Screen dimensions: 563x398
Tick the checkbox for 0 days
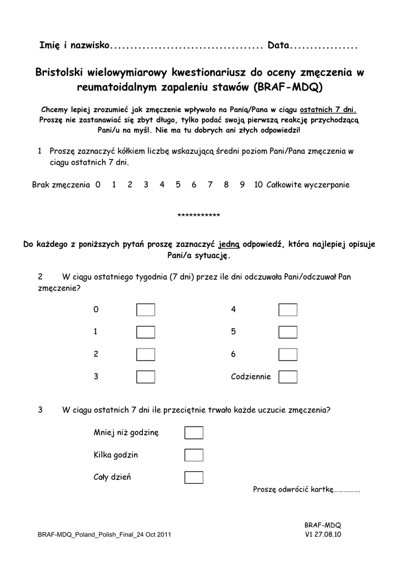click(x=146, y=310)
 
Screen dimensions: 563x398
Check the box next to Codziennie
click(x=288, y=377)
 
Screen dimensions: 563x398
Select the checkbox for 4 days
click(x=288, y=310)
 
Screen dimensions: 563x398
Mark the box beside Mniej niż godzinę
click(x=194, y=433)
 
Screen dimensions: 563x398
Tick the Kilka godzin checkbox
click(x=194, y=455)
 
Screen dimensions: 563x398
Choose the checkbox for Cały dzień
click(x=194, y=477)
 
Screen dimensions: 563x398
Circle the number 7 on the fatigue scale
click(x=210, y=185)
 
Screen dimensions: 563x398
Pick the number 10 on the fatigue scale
click(x=258, y=185)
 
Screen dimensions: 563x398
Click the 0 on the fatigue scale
click(x=98, y=185)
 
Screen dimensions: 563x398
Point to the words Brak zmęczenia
click(x=60, y=185)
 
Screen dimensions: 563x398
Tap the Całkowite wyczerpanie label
click(x=308, y=185)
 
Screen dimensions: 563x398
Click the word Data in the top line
click(x=278, y=45)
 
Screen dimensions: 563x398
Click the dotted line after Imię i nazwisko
click(x=187, y=46)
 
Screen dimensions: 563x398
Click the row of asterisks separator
click(x=198, y=215)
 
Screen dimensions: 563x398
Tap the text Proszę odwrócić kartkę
click(x=293, y=489)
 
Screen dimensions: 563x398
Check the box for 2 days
click(x=146, y=355)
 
